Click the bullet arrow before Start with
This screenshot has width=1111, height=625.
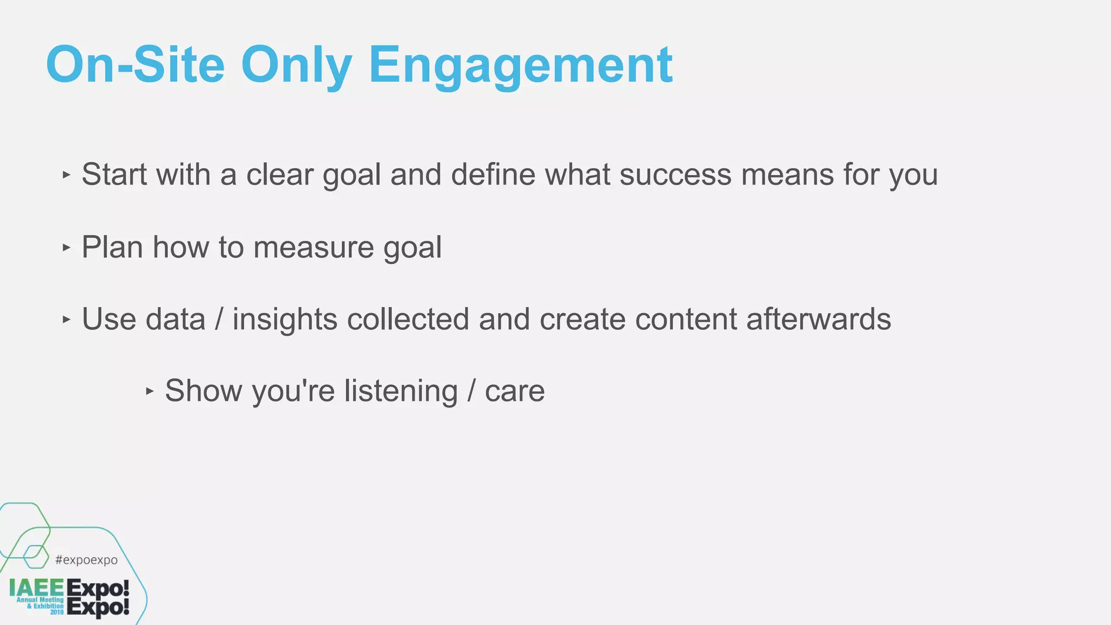66,175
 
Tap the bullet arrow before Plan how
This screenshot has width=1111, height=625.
66,247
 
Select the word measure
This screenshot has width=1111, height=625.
314,247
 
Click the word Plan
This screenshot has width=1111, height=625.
112,247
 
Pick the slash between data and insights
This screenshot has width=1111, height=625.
219,319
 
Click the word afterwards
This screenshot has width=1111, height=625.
819,319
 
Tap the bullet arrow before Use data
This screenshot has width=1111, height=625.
66,319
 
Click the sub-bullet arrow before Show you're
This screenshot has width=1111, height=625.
150,391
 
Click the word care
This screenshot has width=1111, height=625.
514,391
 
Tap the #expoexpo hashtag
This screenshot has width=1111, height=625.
86,560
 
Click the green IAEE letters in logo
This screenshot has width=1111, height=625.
36,588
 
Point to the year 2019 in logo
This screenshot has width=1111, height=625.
57,612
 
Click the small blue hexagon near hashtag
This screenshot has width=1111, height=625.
36,557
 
